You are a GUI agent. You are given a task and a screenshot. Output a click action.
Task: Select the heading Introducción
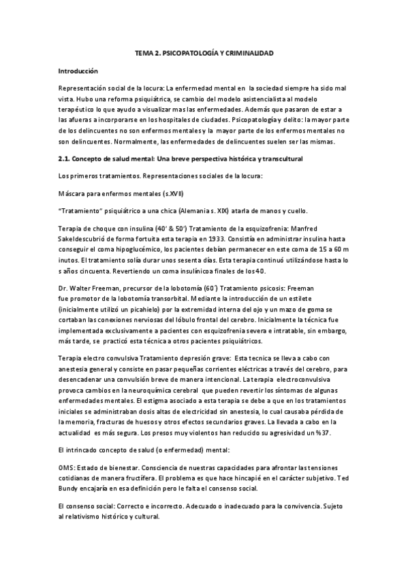78,71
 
